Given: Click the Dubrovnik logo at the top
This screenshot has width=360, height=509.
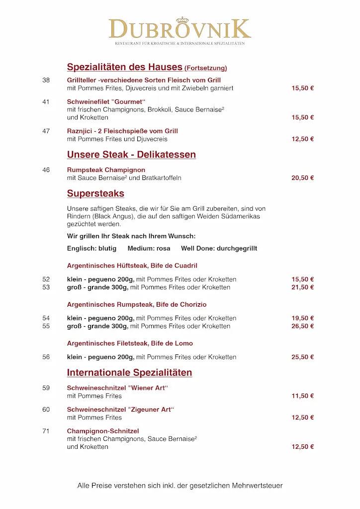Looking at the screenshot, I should click(180, 29).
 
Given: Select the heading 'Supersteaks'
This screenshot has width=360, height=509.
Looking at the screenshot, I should click(95, 193).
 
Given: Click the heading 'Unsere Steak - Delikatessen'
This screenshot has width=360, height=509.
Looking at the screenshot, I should click(131, 155).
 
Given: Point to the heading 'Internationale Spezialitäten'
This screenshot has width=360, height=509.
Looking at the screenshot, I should click(129, 373).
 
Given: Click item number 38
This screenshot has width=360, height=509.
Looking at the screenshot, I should click(46, 80).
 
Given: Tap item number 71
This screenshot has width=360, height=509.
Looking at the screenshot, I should click(46, 431).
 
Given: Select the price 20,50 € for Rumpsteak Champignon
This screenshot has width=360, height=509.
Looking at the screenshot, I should click(302, 178).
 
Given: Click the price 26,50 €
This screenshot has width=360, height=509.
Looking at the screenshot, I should click(302, 326).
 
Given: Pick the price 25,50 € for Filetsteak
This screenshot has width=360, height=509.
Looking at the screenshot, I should click(302, 357).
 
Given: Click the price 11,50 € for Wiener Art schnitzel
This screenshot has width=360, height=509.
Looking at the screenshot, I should click(302, 396).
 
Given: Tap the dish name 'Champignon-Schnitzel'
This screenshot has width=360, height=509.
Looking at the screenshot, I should click(103, 431).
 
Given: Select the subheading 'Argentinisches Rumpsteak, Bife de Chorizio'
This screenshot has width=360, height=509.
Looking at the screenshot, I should click(137, 304).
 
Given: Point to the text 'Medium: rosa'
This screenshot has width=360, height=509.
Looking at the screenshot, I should click(149, 248).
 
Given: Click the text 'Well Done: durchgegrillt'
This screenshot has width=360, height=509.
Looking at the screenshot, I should click(219, 248).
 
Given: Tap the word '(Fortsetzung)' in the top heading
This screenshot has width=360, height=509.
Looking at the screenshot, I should click(205, 68).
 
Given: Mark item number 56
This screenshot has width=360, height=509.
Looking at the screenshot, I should click(46, 357).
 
